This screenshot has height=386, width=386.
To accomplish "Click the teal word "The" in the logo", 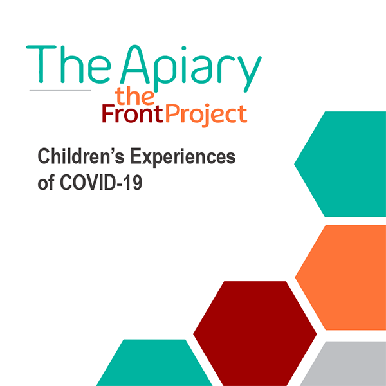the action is pyautogui.click(x=68, y=64).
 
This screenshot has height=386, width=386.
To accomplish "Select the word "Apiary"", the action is pyautogui.click(x=191, y=68).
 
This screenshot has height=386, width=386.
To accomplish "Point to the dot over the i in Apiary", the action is pyautogui.click(x=183, y=48).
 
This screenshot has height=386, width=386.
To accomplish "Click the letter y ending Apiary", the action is pyautogui.click(x=250, y=75).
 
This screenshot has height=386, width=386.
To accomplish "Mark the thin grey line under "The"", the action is pyautogui.click(x=60, y=91).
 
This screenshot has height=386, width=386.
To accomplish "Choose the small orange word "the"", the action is pyautogui.click(x=135, y=96).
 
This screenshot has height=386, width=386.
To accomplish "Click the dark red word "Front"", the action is pyautogui.click(x=133, y=113).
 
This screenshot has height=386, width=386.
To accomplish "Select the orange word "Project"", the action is pyautogui.click(x=207, y=115).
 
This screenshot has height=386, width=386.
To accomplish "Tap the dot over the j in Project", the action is pyautogui.click(x=207, y=106).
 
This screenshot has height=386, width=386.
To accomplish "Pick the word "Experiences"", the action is pyautogui.click(x=183, y=158).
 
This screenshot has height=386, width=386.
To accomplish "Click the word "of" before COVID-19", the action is pyautogui.click(x=46, y=183).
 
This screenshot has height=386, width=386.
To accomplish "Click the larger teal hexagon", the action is pyautogui.click(x=340, y=164).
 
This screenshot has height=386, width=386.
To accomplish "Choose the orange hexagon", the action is pyautogui.click(x=340, y=277).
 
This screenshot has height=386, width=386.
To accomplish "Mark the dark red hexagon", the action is pyautogui.click(x=255, y=333).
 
